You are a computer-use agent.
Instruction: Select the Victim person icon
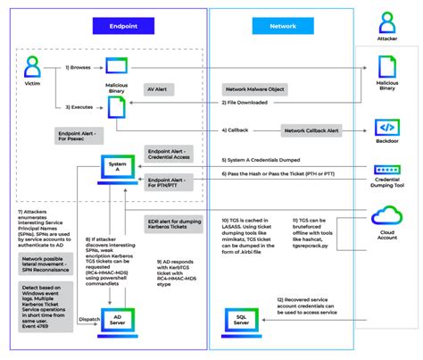(33, 66)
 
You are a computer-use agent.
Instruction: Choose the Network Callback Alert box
(313, 130)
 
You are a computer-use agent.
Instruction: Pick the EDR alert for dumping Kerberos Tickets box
(170, 222)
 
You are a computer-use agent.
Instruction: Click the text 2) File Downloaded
(249, 104)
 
